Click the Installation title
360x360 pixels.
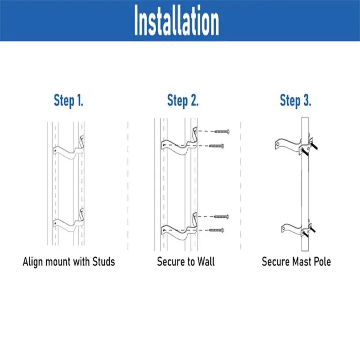(x=176, y=22)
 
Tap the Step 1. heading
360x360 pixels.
(x=68, y=100)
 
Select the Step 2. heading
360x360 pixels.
(x=183, y=100)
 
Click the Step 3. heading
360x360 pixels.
(x=295, y=100)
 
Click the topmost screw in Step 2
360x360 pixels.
(x=222, y=131)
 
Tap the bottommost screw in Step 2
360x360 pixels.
(x=217, y=230)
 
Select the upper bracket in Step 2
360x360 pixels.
(x=180, y=142)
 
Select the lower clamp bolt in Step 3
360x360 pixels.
(x=311, y=230)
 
